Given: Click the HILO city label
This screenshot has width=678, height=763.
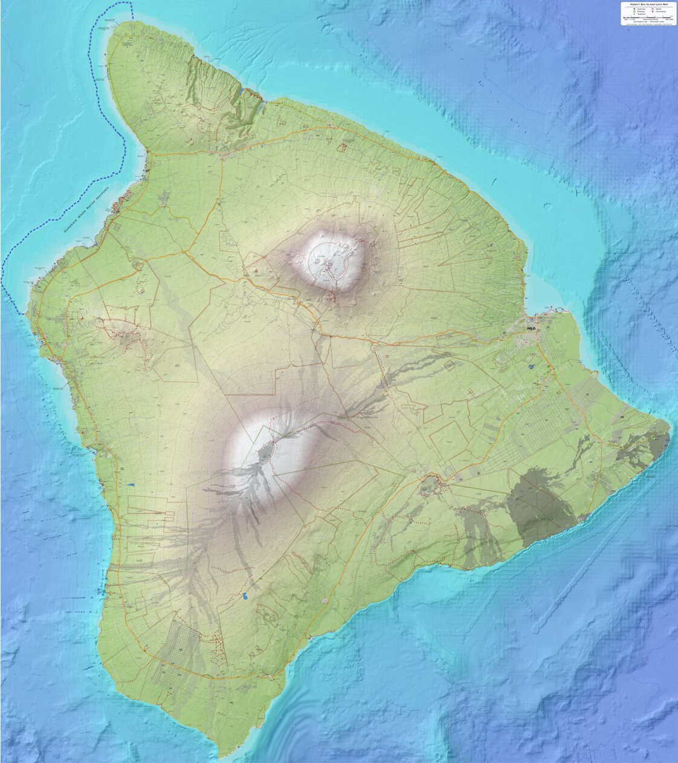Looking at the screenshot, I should click(x=531, y=328).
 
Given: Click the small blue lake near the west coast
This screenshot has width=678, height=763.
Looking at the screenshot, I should click(x=131, y=484).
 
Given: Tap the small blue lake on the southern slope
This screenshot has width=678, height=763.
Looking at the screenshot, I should click(x=246, y=596).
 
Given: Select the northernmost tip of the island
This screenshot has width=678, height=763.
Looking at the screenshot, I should click(x=128, y=22).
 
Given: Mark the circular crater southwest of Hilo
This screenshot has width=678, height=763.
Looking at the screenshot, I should click(x=431, y=484).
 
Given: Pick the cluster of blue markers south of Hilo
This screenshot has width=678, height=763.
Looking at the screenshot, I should click(x=531, y=366).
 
